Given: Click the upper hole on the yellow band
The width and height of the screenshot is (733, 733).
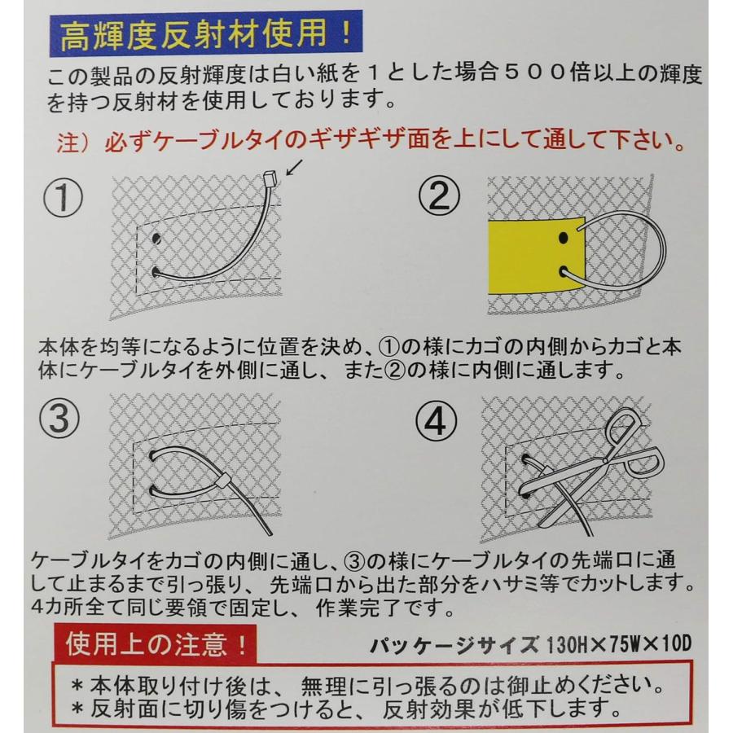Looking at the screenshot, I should pos(563,239).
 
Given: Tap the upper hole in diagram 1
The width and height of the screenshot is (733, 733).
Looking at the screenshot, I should pos(155,239).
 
